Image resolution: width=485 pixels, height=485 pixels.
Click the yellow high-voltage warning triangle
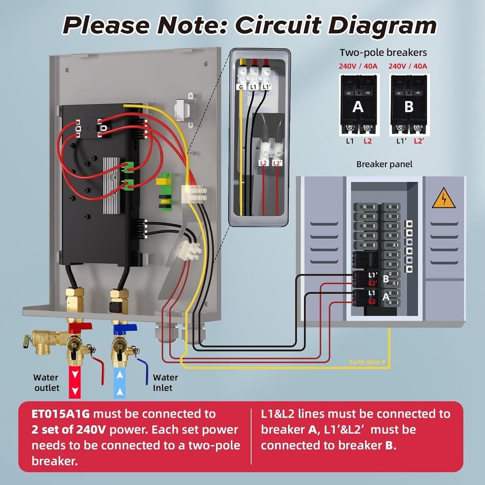point(443,198)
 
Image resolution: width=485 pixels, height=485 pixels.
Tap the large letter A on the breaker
point(357,106)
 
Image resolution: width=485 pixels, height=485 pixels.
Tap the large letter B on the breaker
point(408,106)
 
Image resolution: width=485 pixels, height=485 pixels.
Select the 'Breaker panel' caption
point(384,164)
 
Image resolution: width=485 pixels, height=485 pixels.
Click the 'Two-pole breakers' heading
point(383,52)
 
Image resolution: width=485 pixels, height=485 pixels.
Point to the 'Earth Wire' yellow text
point(368,362)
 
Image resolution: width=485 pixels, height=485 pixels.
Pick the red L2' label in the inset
point(277,163)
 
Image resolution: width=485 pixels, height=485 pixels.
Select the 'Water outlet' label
point(46,382)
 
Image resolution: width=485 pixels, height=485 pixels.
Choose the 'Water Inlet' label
point(165,382)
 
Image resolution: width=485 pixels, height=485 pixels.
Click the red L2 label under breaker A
point(367,141)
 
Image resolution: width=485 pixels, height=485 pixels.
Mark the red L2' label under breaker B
point(419,141)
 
